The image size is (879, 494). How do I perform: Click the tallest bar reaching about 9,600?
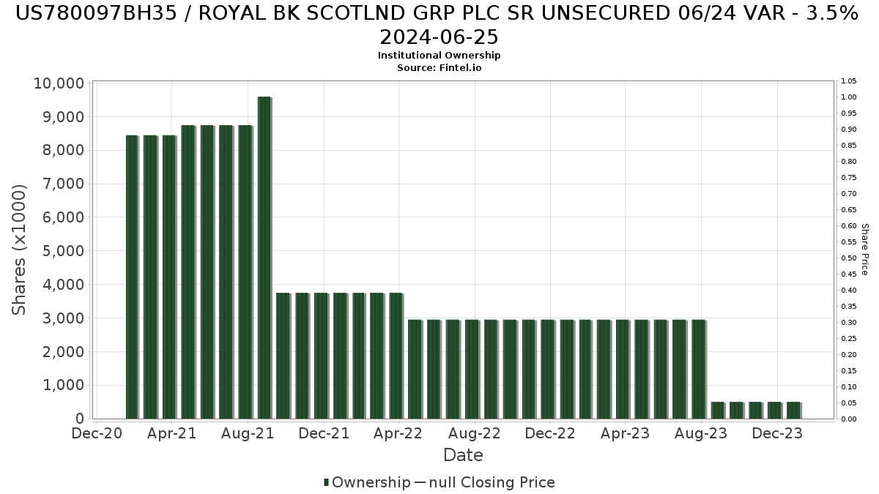coord(264,256)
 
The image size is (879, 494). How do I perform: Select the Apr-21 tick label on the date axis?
coord(171,433)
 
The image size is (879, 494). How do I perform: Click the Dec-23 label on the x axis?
coord(777,433)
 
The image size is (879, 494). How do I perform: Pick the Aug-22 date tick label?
coord(475,433)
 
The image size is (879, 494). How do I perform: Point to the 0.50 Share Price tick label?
coord(849,258)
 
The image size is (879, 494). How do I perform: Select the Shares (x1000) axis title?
coord(20,250)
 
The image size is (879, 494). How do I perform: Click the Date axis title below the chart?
coord(463,455)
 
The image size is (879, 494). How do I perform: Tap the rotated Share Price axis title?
coord(865,250)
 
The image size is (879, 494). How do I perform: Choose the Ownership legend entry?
coord(368,482)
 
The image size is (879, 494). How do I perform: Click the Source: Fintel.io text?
coord(439,67)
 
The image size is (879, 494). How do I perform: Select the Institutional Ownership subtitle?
coord(439,56)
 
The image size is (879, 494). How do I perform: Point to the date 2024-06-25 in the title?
coord(439,37)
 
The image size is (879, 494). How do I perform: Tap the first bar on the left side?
coord(132,277)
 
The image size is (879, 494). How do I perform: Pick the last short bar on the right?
coord(793,411)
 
